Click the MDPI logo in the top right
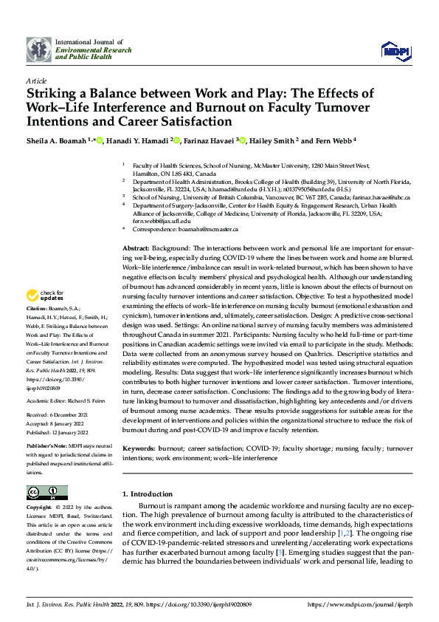[395, 49]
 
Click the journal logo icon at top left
[38, 49]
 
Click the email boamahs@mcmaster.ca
[212, 229]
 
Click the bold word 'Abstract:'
[136, 249]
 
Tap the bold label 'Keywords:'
[139, 448]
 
